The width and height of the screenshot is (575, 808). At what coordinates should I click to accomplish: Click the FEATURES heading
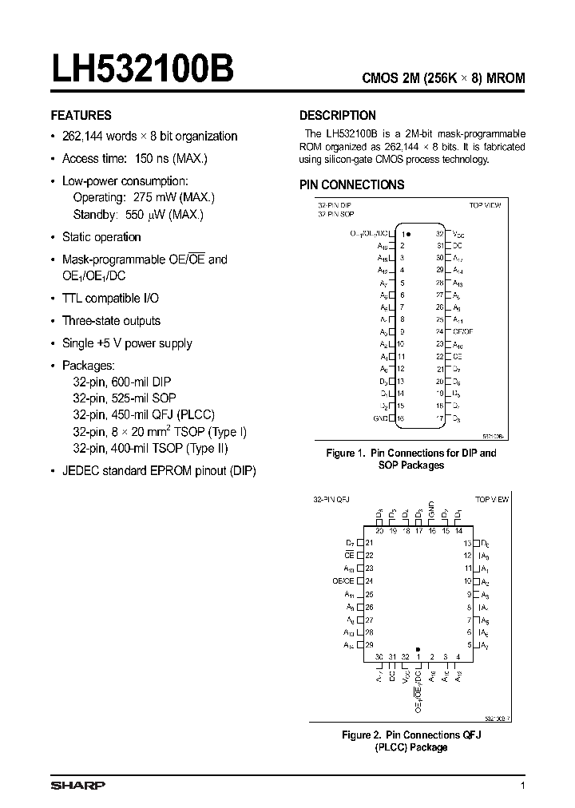81,115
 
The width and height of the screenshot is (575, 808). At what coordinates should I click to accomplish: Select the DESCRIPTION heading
338,115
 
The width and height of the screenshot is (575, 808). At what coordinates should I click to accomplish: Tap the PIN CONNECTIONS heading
352,184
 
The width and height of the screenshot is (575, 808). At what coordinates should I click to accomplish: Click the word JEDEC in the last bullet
81,472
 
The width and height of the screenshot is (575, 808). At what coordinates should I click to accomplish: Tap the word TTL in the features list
73,298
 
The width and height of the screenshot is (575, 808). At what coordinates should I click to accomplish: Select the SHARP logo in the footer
77,786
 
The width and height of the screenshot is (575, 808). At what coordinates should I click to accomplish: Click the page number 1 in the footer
523,786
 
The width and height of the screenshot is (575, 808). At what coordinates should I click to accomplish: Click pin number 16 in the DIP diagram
401,418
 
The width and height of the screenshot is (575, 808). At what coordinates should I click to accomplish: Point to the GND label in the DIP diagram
381,418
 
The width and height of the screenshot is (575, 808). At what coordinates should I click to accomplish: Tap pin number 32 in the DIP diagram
439,233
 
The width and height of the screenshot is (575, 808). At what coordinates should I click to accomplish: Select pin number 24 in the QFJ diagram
369,581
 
